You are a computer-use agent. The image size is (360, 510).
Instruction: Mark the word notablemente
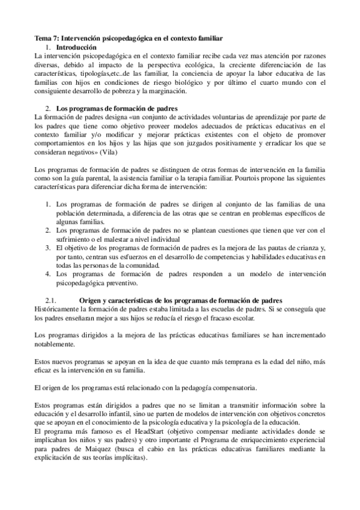(x=55, y=344)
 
